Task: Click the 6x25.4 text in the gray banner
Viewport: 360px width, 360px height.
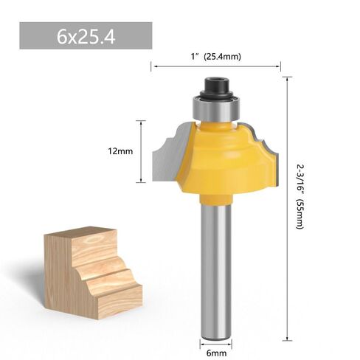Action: coord(86,38)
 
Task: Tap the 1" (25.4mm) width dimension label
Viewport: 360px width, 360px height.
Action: coord(216,57)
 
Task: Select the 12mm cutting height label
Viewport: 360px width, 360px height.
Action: coord(120,151)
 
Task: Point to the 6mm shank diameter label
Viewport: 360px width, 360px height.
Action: coord(216,353)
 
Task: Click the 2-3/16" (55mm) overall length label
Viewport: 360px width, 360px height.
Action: coord(300,197)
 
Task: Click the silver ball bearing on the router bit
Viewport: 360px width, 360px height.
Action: coord(215,108)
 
